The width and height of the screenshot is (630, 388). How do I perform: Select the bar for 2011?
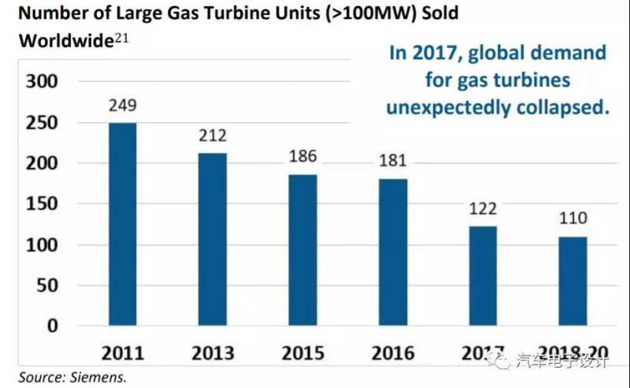click(123, 224)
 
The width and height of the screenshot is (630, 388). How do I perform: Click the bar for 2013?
click(213, 239)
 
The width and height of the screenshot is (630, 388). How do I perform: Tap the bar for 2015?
click(303, 249)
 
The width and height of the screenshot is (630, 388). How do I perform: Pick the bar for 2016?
click(392, 252)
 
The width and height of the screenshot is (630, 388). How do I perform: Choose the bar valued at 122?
click(482, 275)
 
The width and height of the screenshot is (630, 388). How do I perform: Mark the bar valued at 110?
click(573, 281)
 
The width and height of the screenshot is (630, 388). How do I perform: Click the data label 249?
click(123, 106)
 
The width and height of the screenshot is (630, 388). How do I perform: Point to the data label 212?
click(213, 136)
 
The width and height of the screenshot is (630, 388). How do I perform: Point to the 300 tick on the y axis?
click(43, 82)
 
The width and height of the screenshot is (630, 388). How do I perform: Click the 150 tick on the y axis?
click(43, 204)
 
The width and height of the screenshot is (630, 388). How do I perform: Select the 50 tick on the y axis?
click(50, 285)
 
